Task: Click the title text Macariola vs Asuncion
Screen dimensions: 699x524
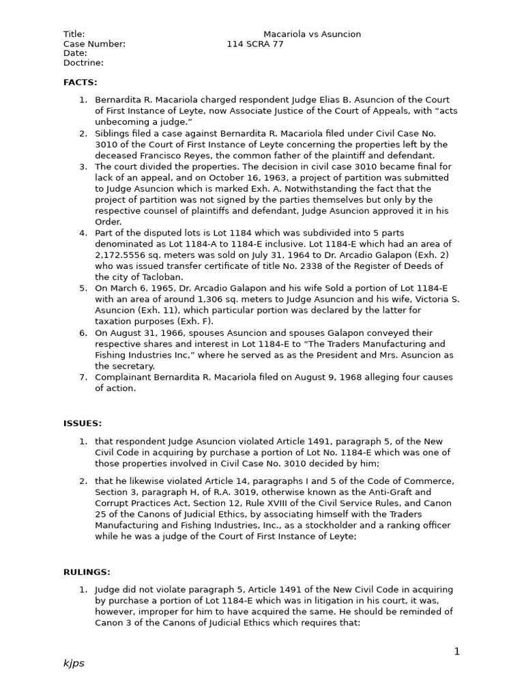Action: pyautogui.click(x=312, y=34)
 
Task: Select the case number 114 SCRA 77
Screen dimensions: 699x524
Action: pyautogui.click(x=255, y=44)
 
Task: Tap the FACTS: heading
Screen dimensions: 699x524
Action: pyautogui.click(x=81, y=82)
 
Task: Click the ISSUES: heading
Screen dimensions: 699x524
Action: pyautogui.click(x=83, y=423)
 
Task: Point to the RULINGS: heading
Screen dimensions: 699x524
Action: pyautogui.click(x=87, y=572)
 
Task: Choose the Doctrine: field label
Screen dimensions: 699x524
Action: pyautogui.click(x=83, y=63)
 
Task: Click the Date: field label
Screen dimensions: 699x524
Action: pyautogui.click(x=75, y=53)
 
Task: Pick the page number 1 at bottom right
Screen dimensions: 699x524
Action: pyautogui.click(x=457, y=651)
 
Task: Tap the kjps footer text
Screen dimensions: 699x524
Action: pyautogui.click(x=74, y=664)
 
